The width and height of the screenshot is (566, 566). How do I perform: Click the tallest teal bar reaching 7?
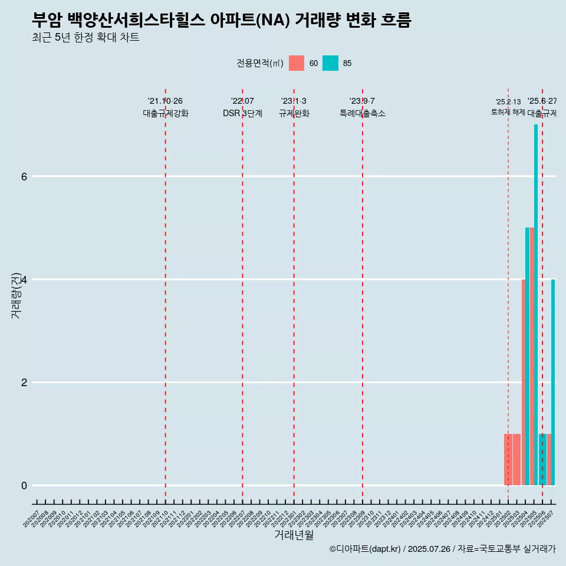(536, 304)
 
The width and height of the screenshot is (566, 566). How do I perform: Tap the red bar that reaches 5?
(532, 356)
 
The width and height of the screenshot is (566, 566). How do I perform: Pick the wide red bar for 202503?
(516, 459)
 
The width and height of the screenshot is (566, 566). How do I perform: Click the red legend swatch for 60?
(297, 63)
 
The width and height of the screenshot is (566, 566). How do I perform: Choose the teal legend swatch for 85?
(330, 63)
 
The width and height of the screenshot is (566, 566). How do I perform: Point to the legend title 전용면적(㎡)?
(260, 63)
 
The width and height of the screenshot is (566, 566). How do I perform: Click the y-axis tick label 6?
(24, 176)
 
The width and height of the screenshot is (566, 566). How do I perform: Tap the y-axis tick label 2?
(24, 382)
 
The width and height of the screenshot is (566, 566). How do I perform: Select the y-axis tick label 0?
(24, 485)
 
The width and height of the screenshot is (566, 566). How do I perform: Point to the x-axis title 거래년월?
(294, 535)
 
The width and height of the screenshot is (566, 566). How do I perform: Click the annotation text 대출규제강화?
(166, 113)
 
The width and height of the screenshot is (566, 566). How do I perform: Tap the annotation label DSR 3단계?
(242, 113)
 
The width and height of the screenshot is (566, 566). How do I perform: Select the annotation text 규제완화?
(294, 113)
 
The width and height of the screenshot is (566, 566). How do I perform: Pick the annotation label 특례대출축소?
(363, 113)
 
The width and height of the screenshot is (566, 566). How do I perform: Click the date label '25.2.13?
(508, 102)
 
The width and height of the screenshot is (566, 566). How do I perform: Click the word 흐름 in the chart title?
(395, 20)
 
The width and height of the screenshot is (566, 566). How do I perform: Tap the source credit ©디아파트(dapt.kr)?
(365, 549)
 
